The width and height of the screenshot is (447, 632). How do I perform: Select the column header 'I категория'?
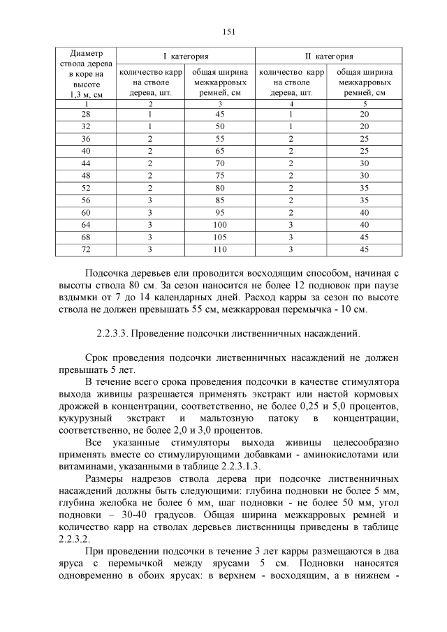[x=185, y=56]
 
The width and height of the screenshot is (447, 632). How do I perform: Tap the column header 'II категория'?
[x=328, y=56]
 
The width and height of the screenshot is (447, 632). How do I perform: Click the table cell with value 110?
[x=220, y=249]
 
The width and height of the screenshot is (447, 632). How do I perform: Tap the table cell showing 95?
[x=220, y=212]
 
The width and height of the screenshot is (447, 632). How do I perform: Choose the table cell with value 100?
[x=220, y=225]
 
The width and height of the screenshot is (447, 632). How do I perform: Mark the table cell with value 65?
[x=220, y=150]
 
